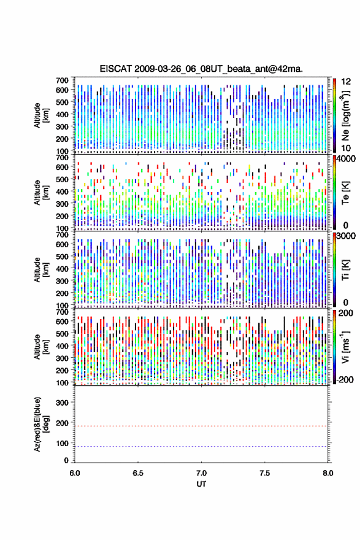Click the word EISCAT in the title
click(x=116, y=69)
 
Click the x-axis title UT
click(x=201, y=484)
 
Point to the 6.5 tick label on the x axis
click(x=138, y=473)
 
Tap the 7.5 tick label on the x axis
click(x=265, y=473)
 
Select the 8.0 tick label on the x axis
click(x=328, y=473)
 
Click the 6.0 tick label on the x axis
click(x=75, y=473)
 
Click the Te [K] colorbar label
click(x=345, y=193)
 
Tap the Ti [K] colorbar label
click(x=345, y=270)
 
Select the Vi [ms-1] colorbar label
click(x=345, y=347)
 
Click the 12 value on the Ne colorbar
click(x=347, y=82)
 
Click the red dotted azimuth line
click(x=201, y=426)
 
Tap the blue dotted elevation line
click(x=201, y=446)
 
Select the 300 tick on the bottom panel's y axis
click(x=62, y=403)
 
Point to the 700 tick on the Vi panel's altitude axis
click(x=62, y=312)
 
